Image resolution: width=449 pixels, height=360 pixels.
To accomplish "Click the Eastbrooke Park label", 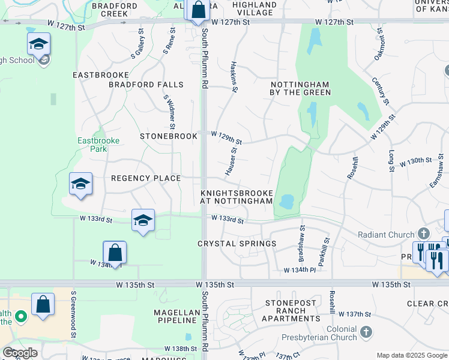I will (x=98, y=145).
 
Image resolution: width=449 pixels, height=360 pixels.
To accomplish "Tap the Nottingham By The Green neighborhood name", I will (x=300, y=88).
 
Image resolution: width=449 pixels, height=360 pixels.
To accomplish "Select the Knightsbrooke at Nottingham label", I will (x=237, y=197).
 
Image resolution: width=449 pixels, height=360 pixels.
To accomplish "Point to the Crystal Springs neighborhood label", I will (x=237, y=244).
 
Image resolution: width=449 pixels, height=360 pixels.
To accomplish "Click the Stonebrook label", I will (x=169, y=136).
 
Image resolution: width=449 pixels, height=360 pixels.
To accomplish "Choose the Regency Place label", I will (x=146, y=178).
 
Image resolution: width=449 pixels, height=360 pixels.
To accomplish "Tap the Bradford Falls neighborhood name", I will (x=146, y=85).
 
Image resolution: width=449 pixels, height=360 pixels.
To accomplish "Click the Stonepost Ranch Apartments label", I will (x=291, y=311).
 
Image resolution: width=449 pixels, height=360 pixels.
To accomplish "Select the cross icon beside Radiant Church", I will (x=424, y=234).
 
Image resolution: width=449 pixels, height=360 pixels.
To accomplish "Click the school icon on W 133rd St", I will (x=143, y=221).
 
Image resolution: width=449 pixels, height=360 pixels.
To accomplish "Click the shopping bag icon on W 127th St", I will (x=197, y=10).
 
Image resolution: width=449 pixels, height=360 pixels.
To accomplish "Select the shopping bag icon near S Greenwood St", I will (x=43, y=304).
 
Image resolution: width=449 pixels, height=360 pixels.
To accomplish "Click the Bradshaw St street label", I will (x=301, y=244).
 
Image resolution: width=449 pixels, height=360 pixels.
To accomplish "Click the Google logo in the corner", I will (x=20, y=353).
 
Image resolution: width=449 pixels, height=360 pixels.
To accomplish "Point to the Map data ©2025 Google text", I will (x=411, y=355).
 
